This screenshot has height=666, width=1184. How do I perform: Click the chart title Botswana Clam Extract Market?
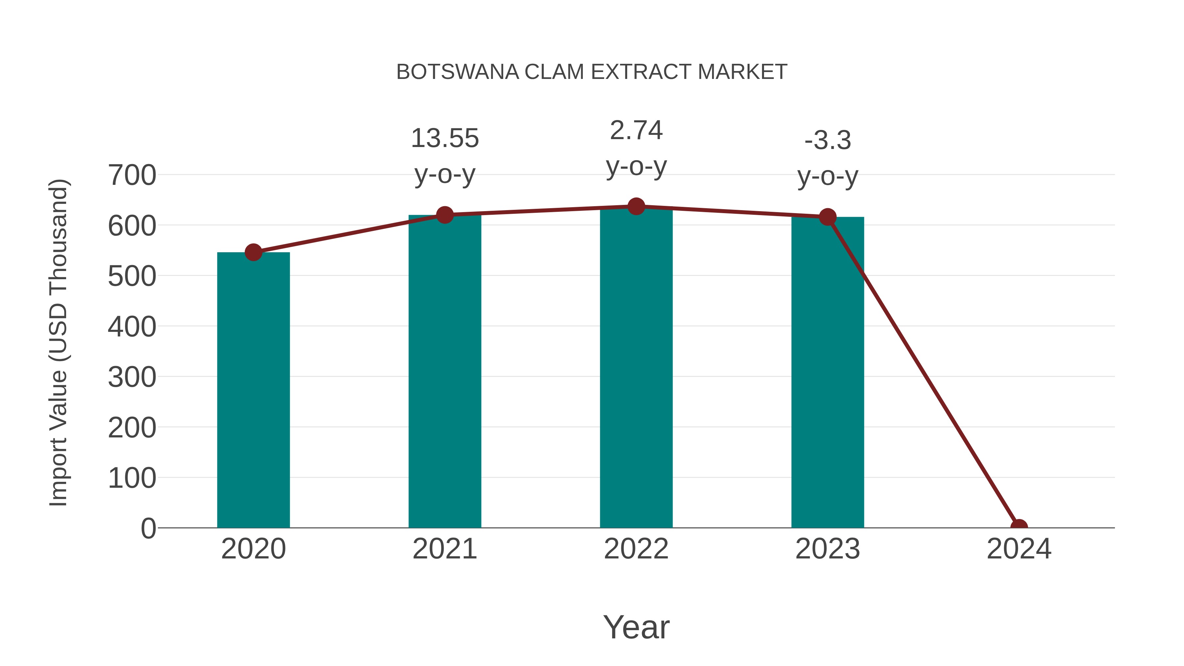pyautogui.click(x=592, y=72)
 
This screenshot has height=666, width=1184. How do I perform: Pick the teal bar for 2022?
pyautogui.click(x=636, y=368)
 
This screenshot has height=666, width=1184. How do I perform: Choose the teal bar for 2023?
pyautogui.click(x=827, y=372)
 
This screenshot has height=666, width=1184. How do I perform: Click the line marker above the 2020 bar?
pyautogui.click(x=253, y=252)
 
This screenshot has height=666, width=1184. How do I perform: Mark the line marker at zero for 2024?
pyautogui.click(x=1019, y=527)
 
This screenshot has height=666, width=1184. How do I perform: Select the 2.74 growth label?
pyautogui.click(x=636, y=131)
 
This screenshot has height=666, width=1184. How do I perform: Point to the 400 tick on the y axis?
pyautogui.click(x=132, y=327)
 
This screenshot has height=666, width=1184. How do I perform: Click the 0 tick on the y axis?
pyautogui.click(x=148, y=528)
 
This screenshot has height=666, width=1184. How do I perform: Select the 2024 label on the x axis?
pyautogui.click(x=1019, y=549)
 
